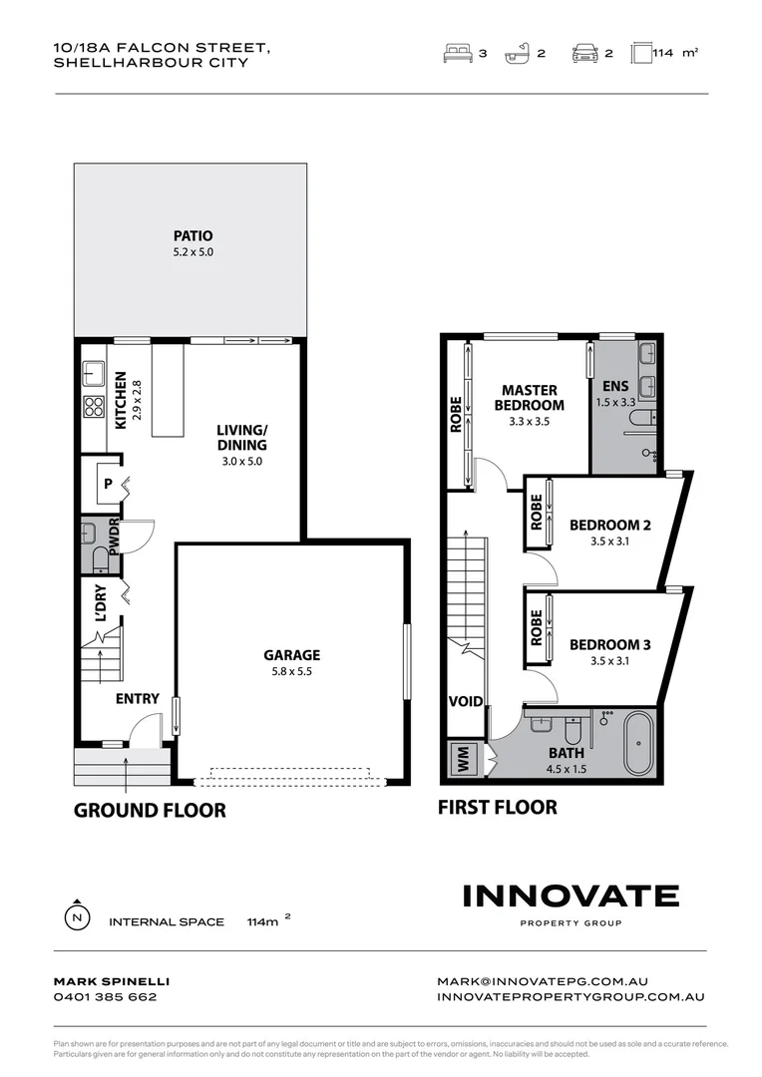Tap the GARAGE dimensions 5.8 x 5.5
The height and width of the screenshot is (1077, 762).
coord(291,672)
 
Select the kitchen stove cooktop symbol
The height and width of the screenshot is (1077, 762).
coord(94,406)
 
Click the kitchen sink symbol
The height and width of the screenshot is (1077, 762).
coord(95,374)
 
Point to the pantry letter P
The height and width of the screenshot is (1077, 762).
coord(108,484)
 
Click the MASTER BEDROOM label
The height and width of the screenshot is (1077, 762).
coord(529,397)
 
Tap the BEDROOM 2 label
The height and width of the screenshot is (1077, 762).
coord(609,526)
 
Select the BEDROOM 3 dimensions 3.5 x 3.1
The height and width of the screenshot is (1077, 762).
coord(609,661)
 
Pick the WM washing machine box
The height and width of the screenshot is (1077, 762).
coord(463,760)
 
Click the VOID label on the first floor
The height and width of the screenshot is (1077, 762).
coord(465,701)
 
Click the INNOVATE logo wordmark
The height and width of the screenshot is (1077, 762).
coord(571,896)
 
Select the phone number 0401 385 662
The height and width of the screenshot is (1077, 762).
coord(105,996)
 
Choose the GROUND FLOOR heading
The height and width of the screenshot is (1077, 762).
coord(150,810)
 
